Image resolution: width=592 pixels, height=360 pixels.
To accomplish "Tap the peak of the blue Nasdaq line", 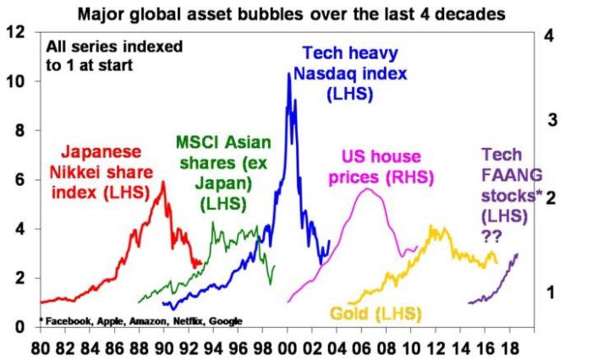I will [x=289, y=74].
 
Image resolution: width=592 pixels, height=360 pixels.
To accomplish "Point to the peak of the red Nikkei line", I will [x=163, y=182].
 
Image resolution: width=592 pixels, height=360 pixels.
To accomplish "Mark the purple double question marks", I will [x=492, y=237].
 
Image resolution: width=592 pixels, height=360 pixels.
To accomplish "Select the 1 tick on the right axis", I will [x=551, y=292].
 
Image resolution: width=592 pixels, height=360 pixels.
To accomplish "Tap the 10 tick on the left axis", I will [x=14, y=81].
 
